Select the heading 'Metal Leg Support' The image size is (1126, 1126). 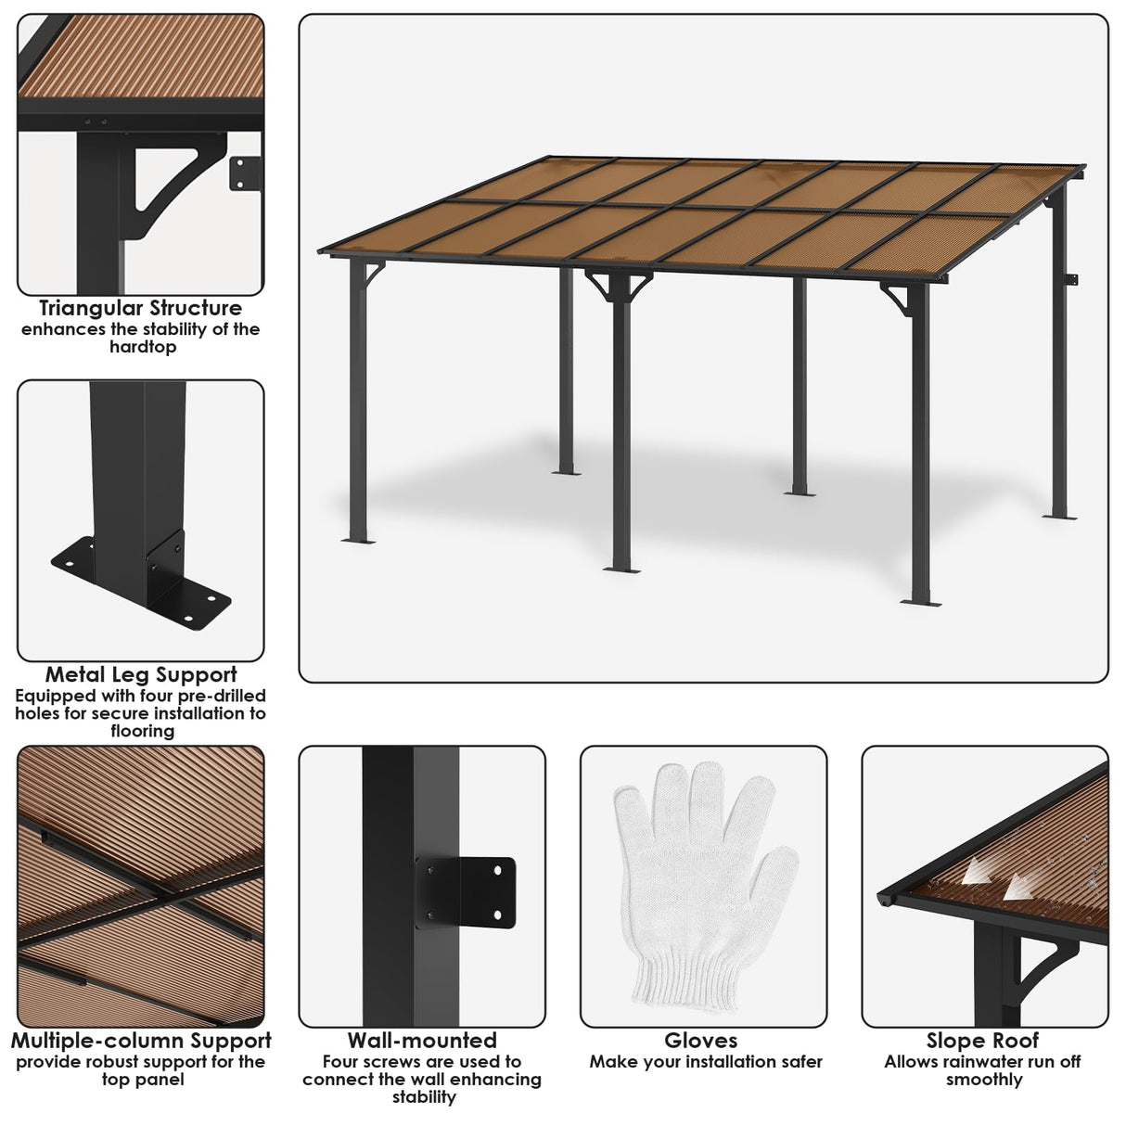141,675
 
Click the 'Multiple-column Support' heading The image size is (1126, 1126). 141,1041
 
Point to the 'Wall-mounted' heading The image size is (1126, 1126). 422,1041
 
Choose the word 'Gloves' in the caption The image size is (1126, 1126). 701,1041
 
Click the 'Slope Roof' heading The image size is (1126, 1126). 983,1041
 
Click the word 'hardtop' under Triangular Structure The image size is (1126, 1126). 141,347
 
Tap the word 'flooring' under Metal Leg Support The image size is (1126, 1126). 141,731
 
